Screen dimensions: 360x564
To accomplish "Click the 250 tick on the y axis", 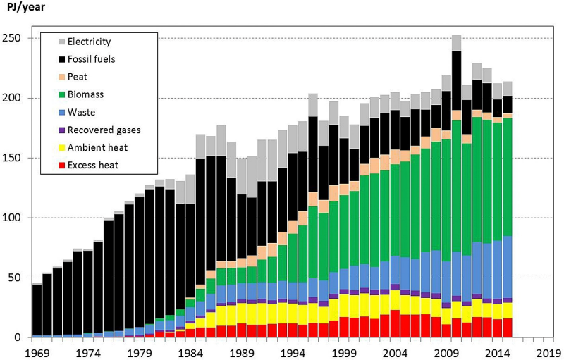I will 13,38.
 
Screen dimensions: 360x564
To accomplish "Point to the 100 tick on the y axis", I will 13,218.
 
